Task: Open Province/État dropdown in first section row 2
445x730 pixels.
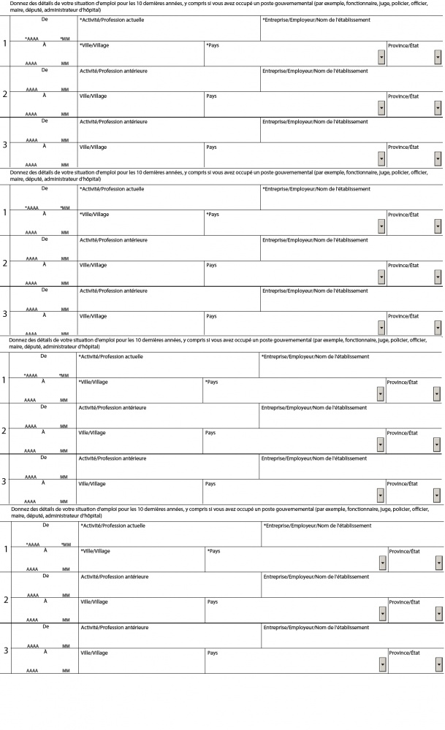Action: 438,108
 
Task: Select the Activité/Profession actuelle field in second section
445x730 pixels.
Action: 168,199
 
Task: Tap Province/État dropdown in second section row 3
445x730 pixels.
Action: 438,327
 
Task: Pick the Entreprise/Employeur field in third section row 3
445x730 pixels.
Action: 351,468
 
